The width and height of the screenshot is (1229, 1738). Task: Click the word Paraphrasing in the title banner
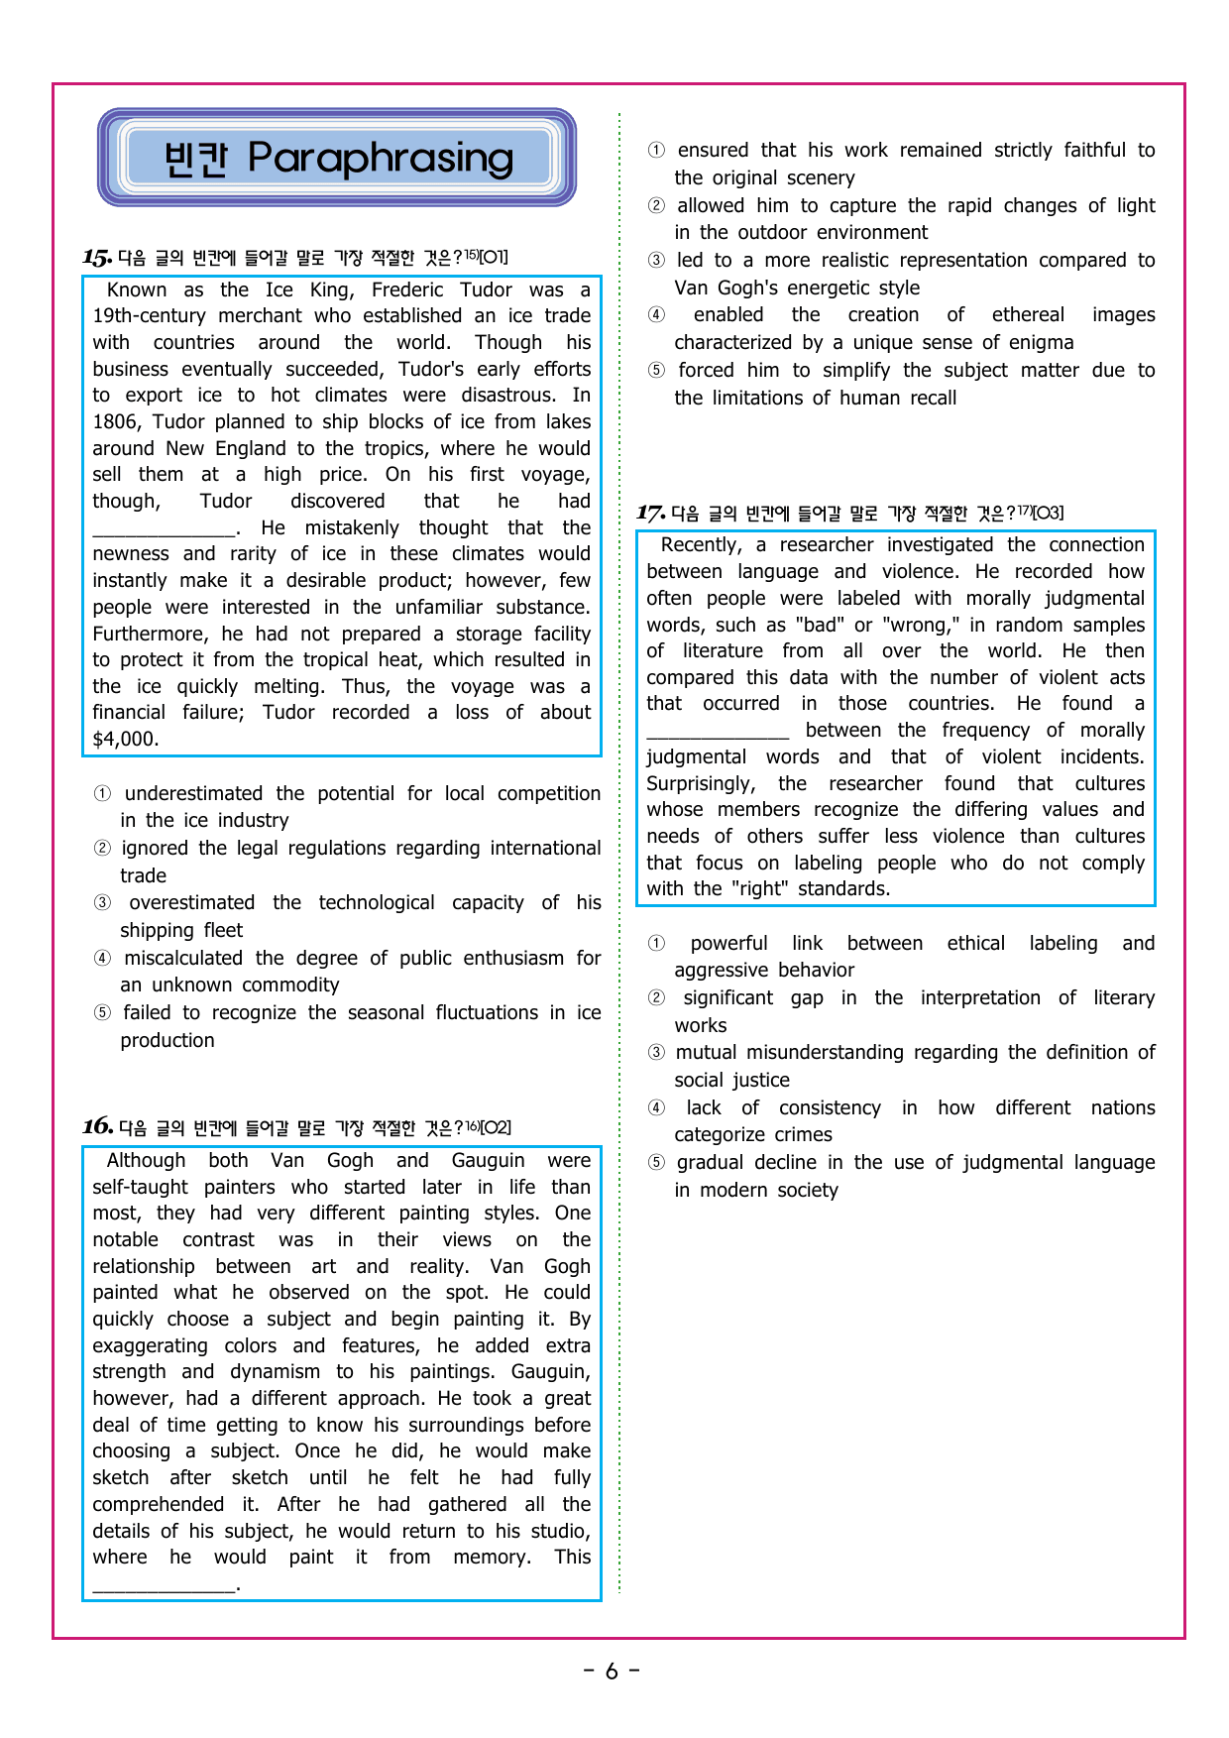tap(381, 159)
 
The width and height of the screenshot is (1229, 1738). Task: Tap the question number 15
tap(96, 258)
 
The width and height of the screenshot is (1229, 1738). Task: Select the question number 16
tap(96, 1126)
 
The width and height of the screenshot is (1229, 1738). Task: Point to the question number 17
tap(649, 513)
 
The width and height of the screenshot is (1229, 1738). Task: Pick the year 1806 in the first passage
tap(117, 421)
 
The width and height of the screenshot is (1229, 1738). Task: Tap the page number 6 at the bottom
tap(612, 1672)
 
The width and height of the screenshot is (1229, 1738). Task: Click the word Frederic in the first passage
tap(407, 290)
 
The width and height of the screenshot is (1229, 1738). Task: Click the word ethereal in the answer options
tap(1028, 314)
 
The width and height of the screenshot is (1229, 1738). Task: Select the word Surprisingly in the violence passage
tap(700, 783)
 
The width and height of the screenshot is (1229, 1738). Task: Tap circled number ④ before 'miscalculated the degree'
tap(102, 958)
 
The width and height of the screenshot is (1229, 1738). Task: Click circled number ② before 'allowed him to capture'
tap(656, 205)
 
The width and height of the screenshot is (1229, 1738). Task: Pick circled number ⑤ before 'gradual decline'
tap(656, 1162)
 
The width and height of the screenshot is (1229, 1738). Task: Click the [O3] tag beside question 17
tap(1047, 513)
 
